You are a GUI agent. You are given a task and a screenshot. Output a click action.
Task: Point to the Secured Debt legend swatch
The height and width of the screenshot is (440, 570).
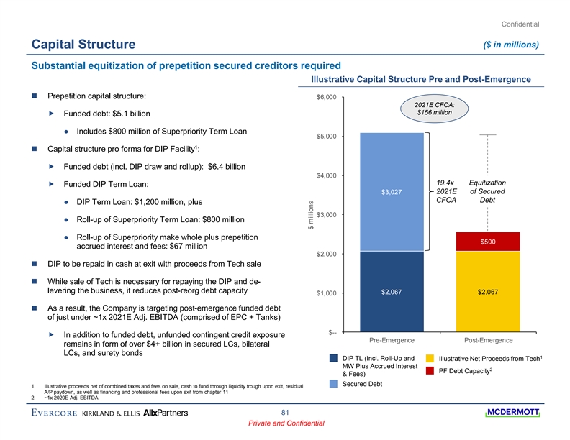[334, 384]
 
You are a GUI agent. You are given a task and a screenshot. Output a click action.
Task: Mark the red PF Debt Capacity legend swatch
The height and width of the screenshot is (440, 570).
[430, 371]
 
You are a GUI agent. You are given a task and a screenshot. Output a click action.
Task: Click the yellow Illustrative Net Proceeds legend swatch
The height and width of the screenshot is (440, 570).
[430, 358]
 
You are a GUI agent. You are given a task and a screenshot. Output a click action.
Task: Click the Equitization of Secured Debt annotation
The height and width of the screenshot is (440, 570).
[487, 191]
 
